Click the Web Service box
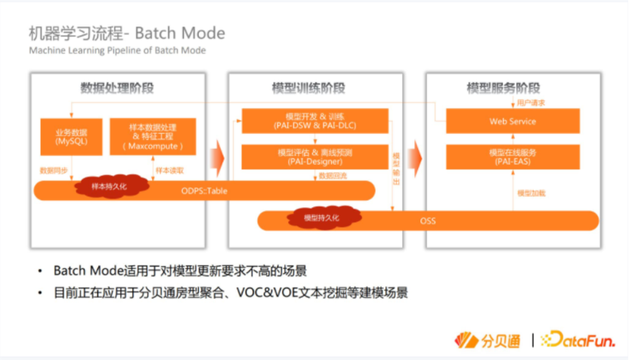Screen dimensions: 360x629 click(x=513, y=121)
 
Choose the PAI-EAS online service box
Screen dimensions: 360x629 click(x=513, y=157)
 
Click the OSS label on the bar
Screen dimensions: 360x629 click(x=428, y=221)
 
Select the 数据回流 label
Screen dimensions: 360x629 click(x=333, y=175)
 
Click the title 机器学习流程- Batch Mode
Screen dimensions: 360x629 click(x=126, y=34)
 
